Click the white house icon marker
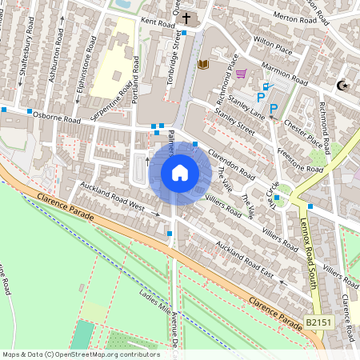180,172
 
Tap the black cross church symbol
186,17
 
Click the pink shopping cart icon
241,74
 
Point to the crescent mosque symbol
343,85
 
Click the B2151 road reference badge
318,322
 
